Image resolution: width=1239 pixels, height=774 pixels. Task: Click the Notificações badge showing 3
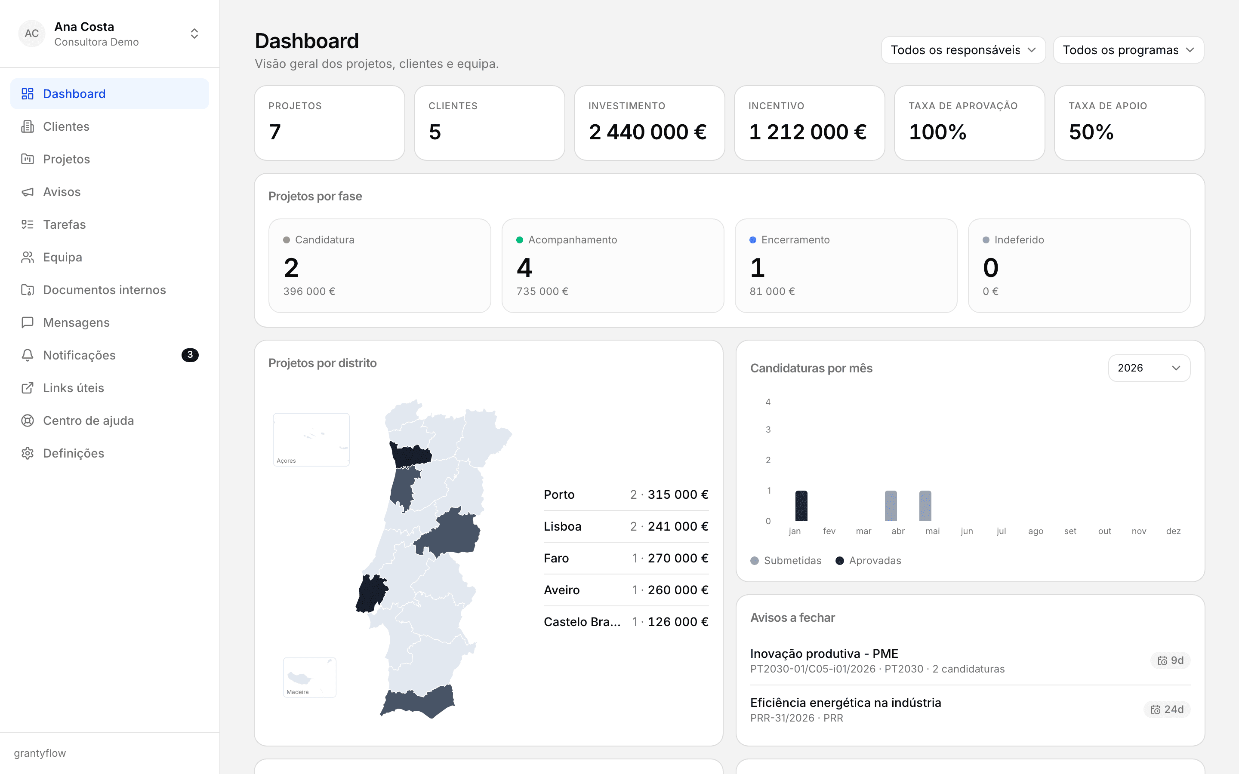coord(190,355)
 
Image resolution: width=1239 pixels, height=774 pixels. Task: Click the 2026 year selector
coord(1149,368)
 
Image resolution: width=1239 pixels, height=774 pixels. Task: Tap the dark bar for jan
coord(801,506)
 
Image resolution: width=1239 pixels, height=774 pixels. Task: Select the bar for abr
coord(891,506)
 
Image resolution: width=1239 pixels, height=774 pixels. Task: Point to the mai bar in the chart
coord(925,506)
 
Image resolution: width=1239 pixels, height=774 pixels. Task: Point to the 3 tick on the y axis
coord(768,430)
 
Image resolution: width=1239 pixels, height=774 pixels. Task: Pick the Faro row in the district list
coord(626,558)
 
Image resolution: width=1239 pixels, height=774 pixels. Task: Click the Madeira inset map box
coord(310,677)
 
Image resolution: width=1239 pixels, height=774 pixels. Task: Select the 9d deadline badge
coord(1171,660)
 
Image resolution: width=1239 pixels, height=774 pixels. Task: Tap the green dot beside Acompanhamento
coord(520,240)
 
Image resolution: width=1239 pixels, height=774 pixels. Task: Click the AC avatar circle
coord(32,33)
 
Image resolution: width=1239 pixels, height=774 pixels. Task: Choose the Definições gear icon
coord(28,453)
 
